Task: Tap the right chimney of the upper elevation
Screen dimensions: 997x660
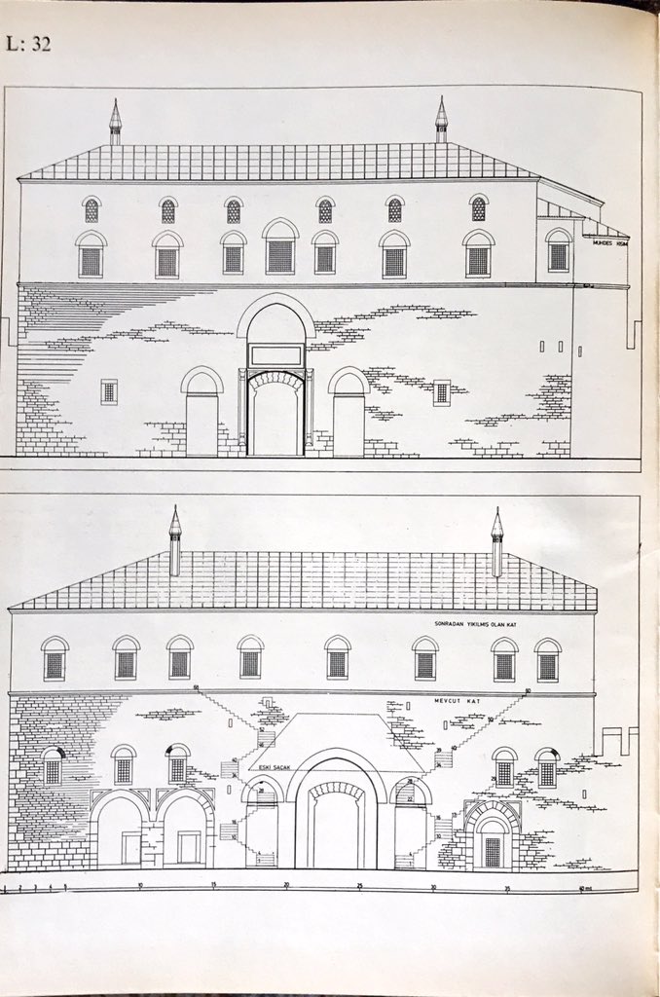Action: tap(441, 123)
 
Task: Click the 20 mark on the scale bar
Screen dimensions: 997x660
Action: tap(287, 884)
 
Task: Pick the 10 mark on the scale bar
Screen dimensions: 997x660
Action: tap(140, 884)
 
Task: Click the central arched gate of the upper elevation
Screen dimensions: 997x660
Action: tap(275, 414)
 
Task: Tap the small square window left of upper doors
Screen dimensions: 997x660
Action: tap(109, 391)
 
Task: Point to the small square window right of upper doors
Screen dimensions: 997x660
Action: tap(441, 392)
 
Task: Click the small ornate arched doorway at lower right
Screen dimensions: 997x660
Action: tap(493, 841)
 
